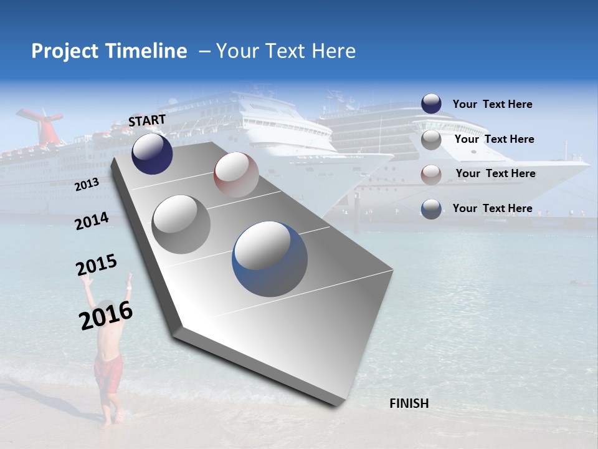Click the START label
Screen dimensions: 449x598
coord(147,120)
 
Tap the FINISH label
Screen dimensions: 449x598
coord(409,403)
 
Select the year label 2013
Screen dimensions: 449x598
coord(87,185)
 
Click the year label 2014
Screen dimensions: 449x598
coord(92,221)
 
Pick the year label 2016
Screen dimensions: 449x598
coord(106,315)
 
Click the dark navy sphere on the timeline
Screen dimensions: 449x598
coord(152,153)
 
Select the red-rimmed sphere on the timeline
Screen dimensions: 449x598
coord(236,175)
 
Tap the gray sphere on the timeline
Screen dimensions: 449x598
coord(181,224)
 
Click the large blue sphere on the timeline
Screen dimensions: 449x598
coord(270,258)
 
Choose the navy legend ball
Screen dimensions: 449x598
coord(431,104)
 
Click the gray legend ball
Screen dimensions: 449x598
coord(431,140)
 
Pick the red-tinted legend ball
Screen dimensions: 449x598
coord(431,175)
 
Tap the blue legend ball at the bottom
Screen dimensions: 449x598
coord(431,209)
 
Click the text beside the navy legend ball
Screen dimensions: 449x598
coord(492,104)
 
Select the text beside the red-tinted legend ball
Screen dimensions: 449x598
coord(495,173)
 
